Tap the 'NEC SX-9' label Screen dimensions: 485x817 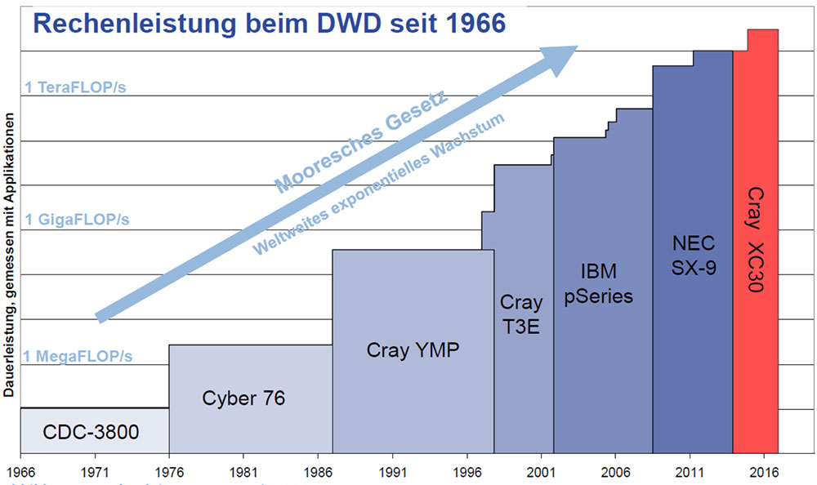694,255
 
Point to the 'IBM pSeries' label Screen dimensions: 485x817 599,283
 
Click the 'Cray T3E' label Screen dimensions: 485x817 521,315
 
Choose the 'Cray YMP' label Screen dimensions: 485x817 413,350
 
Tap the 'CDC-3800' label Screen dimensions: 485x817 92,430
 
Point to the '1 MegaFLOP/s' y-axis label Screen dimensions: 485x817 78,356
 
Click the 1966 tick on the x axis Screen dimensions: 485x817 20,472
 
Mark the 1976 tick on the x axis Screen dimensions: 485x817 169,472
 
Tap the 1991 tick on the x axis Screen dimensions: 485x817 392,472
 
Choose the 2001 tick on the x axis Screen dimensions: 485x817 541,472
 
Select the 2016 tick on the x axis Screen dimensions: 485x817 764,472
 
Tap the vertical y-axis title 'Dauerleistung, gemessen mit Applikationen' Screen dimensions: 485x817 9,253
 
